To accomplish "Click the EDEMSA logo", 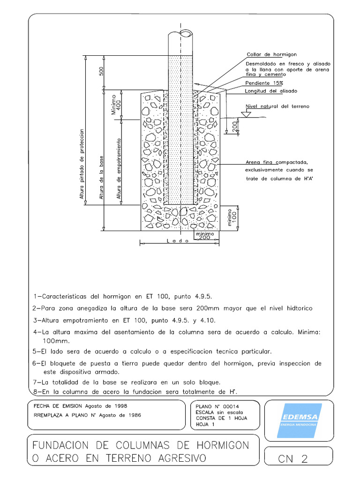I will coord(299,420).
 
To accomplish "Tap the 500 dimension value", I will coord(101,71).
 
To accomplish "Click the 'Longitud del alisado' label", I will coord(270,90).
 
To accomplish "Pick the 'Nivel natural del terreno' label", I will coord(277,106).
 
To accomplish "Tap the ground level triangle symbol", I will coord(244,113).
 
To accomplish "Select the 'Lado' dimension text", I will coord(178,240).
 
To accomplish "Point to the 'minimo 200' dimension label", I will coord(205,235).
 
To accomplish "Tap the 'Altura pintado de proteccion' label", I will coord(82,165).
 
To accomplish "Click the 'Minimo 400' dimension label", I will coord(115,105).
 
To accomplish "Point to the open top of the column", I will coord(180,34).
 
